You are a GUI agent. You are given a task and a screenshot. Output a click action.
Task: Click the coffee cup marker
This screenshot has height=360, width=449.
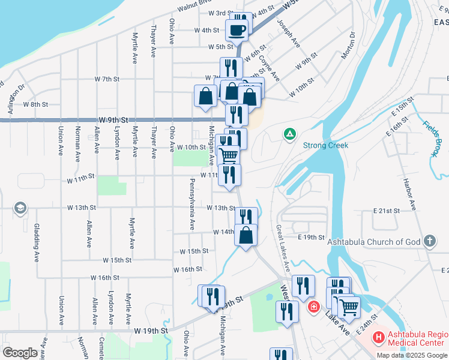(x=237, y=30)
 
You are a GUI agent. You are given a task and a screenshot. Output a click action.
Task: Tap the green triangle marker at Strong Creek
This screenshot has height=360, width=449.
(x=289, y=133)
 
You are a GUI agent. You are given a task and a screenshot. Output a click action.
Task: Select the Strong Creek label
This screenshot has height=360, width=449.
(x=326, y=145)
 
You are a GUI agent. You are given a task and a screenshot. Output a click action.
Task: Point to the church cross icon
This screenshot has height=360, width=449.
(x=429, y=242)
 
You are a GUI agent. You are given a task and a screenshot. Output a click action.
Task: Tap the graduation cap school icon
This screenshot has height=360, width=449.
(x=21, y=208)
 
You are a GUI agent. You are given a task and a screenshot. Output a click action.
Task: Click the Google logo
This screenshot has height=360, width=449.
(x=20, y=352)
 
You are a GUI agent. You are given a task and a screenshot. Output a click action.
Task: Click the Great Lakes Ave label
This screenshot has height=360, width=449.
(x=282, y=245)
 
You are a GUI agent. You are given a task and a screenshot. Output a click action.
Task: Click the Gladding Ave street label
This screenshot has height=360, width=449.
(x=37, y=236)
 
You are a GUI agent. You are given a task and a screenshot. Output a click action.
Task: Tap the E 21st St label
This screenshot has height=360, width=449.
(x=386, y=211)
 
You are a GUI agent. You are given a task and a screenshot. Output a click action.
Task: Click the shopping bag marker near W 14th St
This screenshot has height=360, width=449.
(x=246, y=235)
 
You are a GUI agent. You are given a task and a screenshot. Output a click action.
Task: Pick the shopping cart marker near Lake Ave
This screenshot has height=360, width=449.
(x=348, y=307)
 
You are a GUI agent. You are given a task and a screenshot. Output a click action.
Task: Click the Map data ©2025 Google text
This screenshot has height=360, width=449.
(x=412, y=355)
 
